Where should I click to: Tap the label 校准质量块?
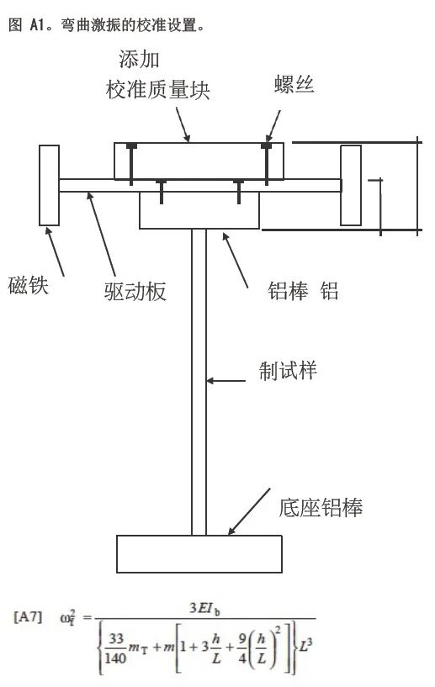pos(157,90)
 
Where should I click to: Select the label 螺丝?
pos(294,84)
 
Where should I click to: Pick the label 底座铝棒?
pos(321,507)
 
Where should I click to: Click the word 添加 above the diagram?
pos(139,61)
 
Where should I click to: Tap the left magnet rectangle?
pos(50,185)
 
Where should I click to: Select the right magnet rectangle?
pos(350,185)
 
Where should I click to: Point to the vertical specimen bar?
pos(199,378)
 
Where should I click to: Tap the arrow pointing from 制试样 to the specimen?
pos(231,382)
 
